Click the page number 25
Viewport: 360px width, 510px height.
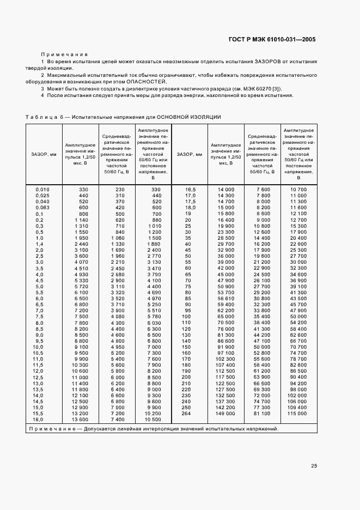coord(314,465)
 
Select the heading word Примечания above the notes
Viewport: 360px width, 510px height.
coord(64,54)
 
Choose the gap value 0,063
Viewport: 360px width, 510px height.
coord(42,208)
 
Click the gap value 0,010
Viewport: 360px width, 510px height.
coord(42,189)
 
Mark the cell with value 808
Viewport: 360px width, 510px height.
coord(83,214)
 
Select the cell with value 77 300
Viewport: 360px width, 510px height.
coord(262,407)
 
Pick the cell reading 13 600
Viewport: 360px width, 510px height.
coord(80,419)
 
